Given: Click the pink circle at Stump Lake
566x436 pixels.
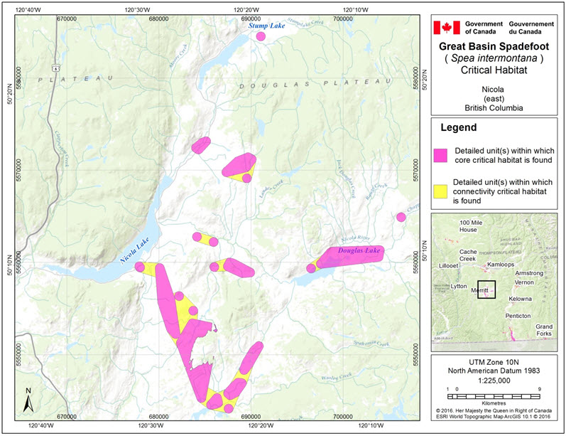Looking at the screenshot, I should pos(261,36).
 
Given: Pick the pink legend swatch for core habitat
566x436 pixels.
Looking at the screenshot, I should pos(441,155).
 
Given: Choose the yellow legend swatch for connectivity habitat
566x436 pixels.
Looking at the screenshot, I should pos(441,191).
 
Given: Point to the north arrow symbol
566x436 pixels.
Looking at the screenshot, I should pos(26,401).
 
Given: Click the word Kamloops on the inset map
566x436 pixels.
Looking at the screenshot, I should pos(503,265).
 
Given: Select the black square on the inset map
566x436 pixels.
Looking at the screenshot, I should pos(486,289).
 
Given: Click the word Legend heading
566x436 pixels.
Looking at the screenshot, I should pos(462,129).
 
